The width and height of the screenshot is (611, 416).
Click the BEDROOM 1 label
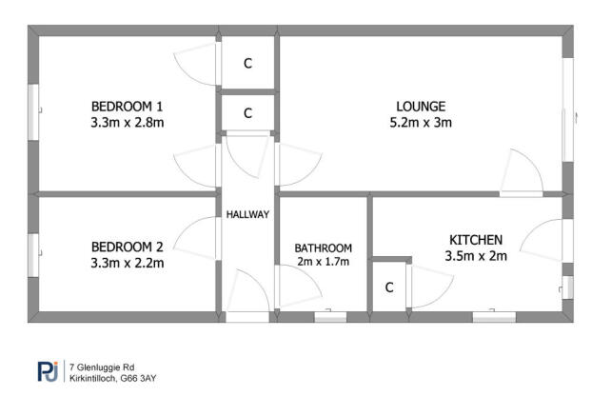click(127, 106)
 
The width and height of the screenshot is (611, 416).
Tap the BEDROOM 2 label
click(127, 245)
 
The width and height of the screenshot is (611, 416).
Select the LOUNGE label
click(420, 106)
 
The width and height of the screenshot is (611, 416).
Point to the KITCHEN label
click(474, 239)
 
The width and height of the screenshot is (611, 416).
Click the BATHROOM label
click(323, 247)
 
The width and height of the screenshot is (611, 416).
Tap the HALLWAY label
click(247, 214)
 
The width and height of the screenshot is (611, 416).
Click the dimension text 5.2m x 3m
click(420, 122)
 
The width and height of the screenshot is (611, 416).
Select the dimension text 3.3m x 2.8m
click(127, 122)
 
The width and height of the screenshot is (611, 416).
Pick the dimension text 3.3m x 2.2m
click(127, 261)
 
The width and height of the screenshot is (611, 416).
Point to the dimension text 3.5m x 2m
click(475, 255)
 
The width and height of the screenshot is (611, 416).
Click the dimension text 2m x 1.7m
click(323, 261)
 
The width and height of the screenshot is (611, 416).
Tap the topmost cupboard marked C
click(247, 64)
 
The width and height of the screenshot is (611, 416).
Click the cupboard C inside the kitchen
click(389, 287)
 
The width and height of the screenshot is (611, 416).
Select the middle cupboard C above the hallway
click(247, 113)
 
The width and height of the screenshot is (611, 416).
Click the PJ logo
click(48, 370)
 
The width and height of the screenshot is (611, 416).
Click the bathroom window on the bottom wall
click(330, 317)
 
